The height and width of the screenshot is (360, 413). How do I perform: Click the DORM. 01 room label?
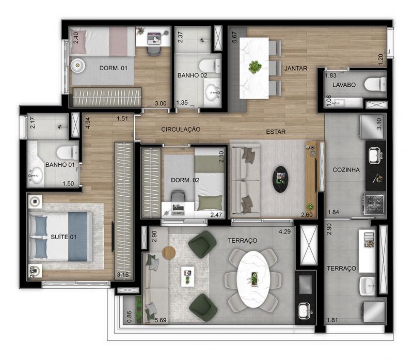[113, 68]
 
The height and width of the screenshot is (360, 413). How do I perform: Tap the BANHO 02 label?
[192, 75]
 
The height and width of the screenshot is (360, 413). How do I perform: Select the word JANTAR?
[296, 68]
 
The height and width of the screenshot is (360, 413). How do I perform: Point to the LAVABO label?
[344, 85]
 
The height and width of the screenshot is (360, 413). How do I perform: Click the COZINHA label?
[346, 170]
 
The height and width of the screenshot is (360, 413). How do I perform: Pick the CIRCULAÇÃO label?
[181, 129]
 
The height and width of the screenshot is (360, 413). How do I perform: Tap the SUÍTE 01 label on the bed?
[63, 237]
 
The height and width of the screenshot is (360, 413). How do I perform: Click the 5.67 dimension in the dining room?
[234, 37]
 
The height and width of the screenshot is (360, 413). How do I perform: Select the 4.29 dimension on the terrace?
[285, 232]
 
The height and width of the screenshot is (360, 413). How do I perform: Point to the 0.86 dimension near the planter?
[129, 317]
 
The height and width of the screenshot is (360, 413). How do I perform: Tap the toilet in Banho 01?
[68, 152]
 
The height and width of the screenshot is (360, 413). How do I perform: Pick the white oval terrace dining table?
[253, 279]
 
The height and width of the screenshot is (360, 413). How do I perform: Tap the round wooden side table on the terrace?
[169, 253]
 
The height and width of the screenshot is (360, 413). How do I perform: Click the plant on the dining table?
[255, 67]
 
